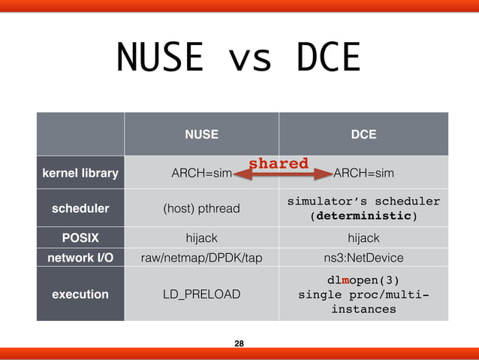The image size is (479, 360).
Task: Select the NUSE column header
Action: coord(202,135)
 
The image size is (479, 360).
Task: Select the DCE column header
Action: coord(364,135)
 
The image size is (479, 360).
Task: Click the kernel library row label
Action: coord(80,174)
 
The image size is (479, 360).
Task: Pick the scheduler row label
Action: coord(80,208)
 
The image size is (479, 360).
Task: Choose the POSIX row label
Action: coord(80,238)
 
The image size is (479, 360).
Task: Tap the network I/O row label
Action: coord(80,258)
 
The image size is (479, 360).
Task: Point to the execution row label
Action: coord(80,295)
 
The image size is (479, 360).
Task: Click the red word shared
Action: coord(279,163)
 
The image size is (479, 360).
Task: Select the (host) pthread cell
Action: coord(202,208)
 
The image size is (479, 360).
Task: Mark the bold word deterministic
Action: coord(363,216)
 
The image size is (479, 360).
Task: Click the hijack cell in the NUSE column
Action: coord(202,238)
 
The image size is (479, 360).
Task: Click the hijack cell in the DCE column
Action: coord(364,238)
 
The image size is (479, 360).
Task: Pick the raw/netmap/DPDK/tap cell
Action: coord(202,258)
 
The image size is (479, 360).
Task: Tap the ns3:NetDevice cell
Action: coord(364,258)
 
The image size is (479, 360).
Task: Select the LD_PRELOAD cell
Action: coord(202,295)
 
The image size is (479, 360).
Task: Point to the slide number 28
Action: coord(239,343)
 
